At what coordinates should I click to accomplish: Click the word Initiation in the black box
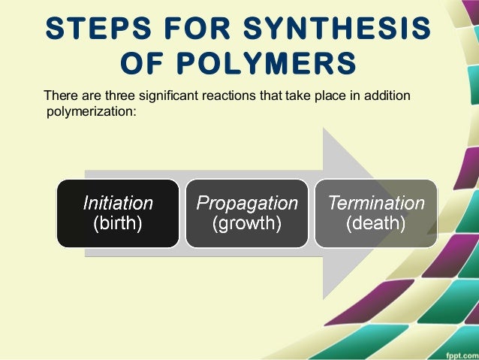click(118, 202)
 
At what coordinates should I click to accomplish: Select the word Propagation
click(247, 202)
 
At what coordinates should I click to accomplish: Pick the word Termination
click(375, 202)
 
